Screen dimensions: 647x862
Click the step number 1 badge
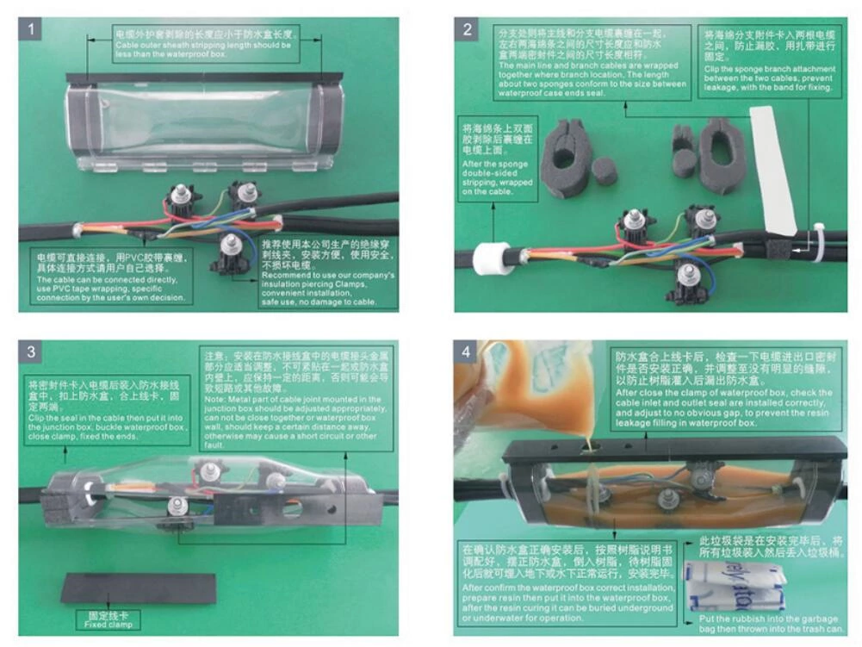coord(32,30)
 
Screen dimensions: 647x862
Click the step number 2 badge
coord(468,30)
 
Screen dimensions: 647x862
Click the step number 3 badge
coord(31,351)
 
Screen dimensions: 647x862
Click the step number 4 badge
coord(467,351)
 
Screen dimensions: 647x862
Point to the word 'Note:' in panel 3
coord(215,400)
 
